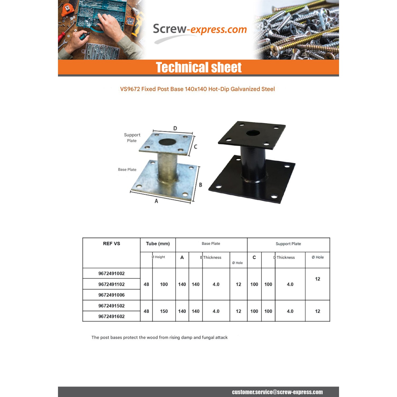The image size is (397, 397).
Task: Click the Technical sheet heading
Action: [198, 67]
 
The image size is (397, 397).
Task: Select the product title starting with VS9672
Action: [197, 89]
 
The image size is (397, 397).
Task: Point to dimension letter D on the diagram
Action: [175, 128]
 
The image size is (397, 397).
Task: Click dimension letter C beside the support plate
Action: [196, 147]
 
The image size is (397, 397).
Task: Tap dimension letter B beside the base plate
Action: [201, 185]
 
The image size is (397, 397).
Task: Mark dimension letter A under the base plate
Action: [156, 201]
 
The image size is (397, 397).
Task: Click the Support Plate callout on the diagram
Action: [132, 138]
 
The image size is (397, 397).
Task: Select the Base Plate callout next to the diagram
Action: [127, 170]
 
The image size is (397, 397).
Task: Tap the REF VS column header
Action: [111, 243]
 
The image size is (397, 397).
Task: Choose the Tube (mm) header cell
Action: [158, 243]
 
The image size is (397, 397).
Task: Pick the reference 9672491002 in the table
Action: [111, 273]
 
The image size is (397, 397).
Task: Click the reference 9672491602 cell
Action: [111, 316]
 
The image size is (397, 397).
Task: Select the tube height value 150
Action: [164, 311]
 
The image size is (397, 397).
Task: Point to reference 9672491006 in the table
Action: [111, 295]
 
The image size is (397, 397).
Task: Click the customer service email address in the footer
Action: [277, 392]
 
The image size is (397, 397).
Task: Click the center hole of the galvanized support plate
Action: [167, 142]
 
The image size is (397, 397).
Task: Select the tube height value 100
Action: [164, 284]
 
